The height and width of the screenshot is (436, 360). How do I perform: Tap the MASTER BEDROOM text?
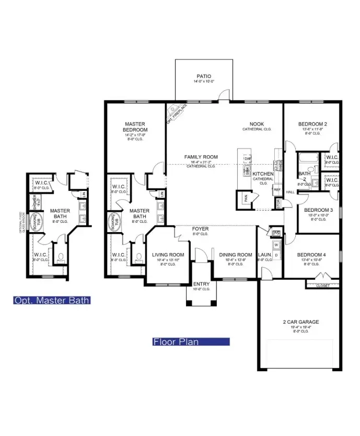(x=135, y=127)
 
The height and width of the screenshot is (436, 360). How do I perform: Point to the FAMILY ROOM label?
(x=201, y=157)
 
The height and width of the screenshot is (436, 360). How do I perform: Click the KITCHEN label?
(x=263, y=174)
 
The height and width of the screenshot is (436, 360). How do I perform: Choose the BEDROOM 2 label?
(x=312, y=124)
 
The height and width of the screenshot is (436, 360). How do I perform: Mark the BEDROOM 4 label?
(x=312, y=256)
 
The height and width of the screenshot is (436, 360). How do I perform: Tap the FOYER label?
(x=201, y=228)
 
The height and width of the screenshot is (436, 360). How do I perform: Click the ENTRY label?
(x=201, y=284)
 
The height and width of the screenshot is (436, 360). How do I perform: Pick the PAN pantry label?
(x=245, y=199)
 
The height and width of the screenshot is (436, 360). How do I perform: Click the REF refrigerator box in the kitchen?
(x=277, y=190)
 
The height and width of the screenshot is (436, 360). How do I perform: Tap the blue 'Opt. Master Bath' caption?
(x=52, y=301)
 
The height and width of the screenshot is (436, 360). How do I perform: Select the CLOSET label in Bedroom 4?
(x=323, y=285)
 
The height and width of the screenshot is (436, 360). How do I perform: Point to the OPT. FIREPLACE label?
(x=177, y=113)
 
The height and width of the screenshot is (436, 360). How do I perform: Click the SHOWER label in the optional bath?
(x=34, y=202)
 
